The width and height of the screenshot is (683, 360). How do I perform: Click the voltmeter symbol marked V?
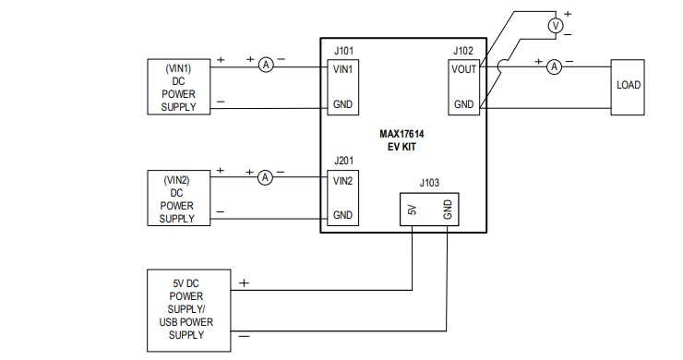[x=555, y=27]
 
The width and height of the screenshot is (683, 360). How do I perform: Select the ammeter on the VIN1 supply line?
[x=266, y=65]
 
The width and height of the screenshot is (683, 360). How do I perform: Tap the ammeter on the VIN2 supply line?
[x=264, y=175]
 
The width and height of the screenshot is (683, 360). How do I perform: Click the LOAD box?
[x=628, y=85]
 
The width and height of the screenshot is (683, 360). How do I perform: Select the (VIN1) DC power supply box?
[x=179, y=88]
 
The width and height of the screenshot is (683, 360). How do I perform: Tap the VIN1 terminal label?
[x=343, y=69]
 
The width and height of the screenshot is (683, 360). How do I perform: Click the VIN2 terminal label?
[x=343, y=180]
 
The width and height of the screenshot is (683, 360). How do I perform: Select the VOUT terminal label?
[x=463, y=69]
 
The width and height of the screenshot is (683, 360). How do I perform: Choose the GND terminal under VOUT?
[x=463, y=104]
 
